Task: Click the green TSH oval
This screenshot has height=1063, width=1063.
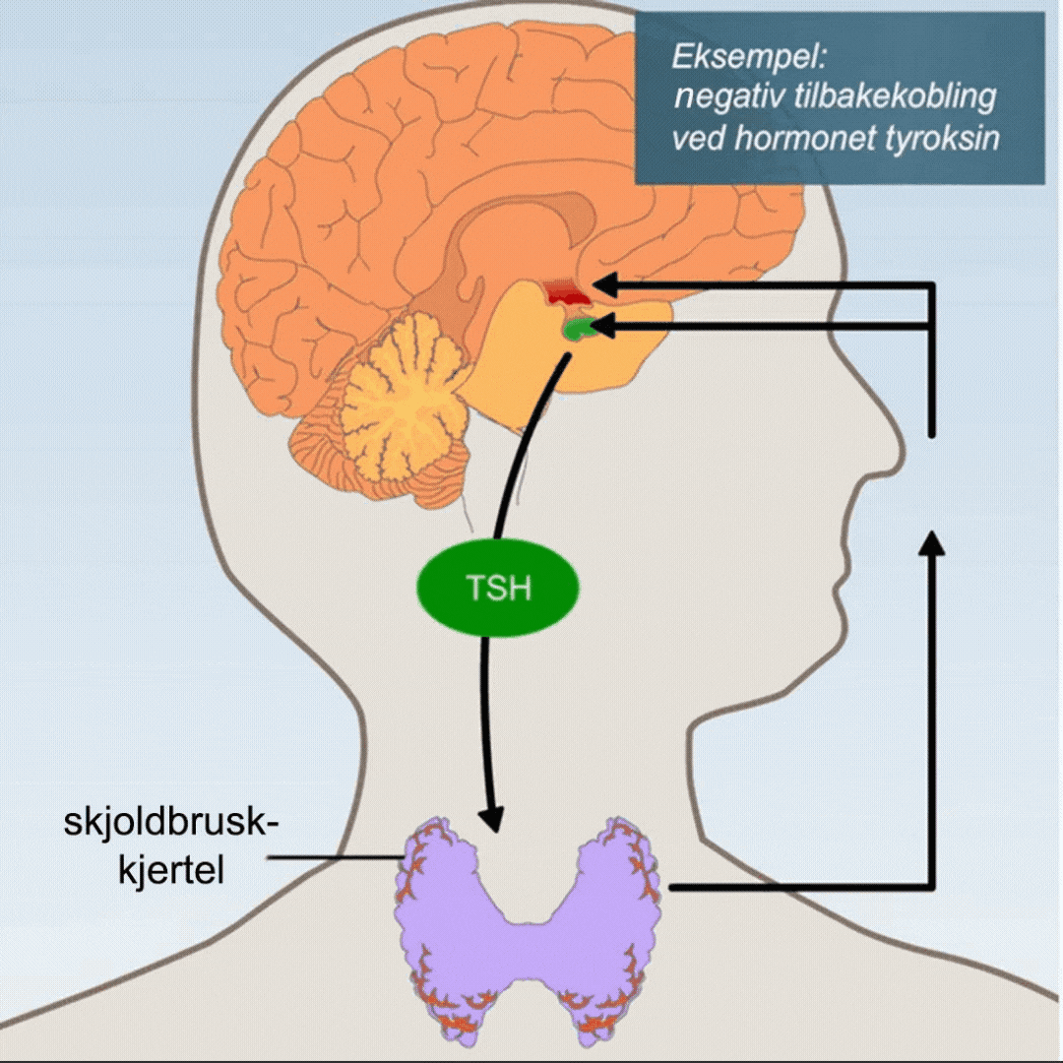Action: coord(497,590)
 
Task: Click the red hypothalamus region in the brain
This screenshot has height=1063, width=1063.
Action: coord(566,291)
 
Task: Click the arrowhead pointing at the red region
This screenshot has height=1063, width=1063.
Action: coord(602,286)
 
